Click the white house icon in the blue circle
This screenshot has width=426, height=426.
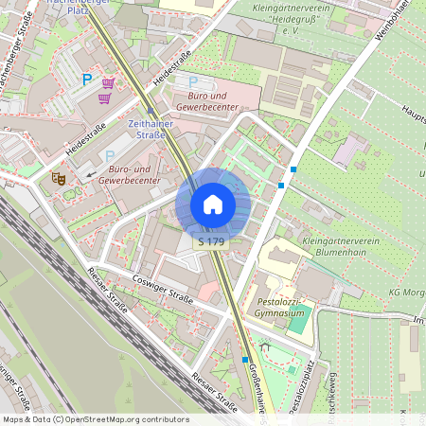tap(213, 204)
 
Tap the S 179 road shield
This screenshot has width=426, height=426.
tap(211, 242)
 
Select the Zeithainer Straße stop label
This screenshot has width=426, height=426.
tap(146, 129)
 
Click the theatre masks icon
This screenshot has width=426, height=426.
tap(59, 177)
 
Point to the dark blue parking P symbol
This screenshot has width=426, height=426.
tap(88, 81)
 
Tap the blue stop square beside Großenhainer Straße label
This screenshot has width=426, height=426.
tap(244, 360)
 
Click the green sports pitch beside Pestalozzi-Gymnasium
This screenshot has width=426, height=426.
tap(298, 319)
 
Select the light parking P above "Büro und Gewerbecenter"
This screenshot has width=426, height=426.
tap(194, 82)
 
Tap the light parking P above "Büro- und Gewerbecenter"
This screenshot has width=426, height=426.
tap(109, 155)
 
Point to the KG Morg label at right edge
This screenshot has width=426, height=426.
tap(407, 292)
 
